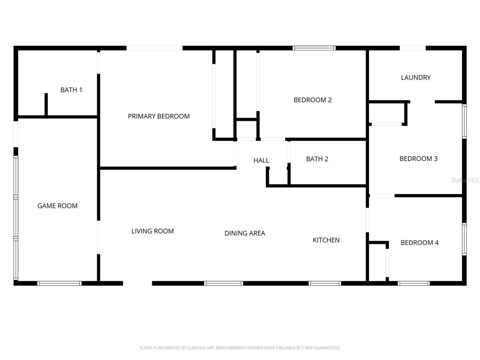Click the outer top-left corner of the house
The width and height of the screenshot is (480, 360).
tap(13, 46)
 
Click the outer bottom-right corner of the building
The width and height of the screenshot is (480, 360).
tap(466, 285)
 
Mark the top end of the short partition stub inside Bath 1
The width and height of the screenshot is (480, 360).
tap(46, 93)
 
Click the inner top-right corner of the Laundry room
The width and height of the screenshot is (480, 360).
tap(462, 51)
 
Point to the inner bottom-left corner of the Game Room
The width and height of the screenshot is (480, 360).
tap(18, 281)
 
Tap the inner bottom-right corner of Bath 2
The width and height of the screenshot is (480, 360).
tap(366, 184)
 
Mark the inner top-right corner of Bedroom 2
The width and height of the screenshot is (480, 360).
tap(366, 51)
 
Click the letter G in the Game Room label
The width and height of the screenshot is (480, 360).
tap(40, 205)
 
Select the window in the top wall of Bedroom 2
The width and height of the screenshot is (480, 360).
tap(314, 48)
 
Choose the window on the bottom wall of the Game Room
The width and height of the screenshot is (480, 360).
tap(60, 283)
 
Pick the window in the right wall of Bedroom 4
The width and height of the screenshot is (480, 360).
tap(464, 239)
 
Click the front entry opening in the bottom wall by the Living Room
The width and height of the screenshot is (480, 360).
tap(137, 283)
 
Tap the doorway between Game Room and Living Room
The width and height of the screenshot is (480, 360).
tap(99, 237)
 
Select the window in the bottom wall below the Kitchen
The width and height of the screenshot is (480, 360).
tap(325, 283)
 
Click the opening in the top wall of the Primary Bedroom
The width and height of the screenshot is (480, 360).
tap(154, 48)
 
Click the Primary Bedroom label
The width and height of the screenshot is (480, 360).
tap(159, 116)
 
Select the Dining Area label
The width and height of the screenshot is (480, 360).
tap(245, 233)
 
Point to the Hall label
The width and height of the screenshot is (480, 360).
tap(261, 160)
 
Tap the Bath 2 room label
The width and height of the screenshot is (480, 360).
tap(317, 159)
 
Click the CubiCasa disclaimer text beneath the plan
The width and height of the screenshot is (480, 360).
tap(240, 348)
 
